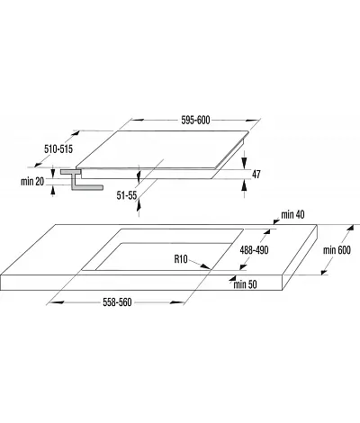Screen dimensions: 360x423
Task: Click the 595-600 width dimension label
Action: point(195,120)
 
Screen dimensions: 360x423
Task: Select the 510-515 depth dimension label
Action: point(58,148)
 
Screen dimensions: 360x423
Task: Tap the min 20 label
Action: point(32,181)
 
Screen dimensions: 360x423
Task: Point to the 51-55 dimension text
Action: point(127,195)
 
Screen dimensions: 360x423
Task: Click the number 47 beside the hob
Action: point(256,175)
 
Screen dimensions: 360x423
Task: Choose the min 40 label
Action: point(292,214)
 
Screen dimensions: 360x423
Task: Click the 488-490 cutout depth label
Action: point(254,250)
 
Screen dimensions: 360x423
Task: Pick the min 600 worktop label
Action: point(337,250)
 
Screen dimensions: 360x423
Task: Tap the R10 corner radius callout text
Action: point(181,259)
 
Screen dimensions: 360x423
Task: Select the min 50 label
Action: point(245,284)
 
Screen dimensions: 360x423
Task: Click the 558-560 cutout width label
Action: point(117,302)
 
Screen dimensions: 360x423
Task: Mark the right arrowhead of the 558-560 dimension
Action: point(177,302)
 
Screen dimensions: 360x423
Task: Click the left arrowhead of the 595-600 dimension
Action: point(137,120)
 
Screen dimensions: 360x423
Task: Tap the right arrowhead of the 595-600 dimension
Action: point(252,121)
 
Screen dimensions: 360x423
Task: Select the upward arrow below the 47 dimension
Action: point(245,185)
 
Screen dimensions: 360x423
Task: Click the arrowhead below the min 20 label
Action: point(53,191)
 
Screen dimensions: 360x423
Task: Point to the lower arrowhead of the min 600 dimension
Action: point(324,271)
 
